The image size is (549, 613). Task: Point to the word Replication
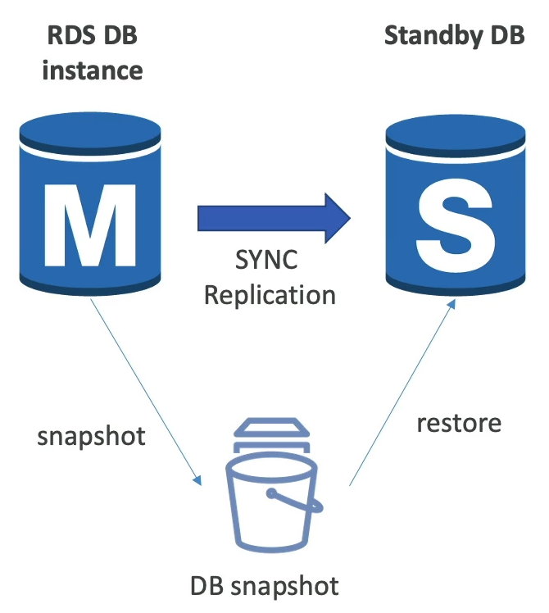270,293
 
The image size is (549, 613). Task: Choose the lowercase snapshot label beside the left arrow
91,435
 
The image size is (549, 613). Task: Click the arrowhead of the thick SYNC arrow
336,218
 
